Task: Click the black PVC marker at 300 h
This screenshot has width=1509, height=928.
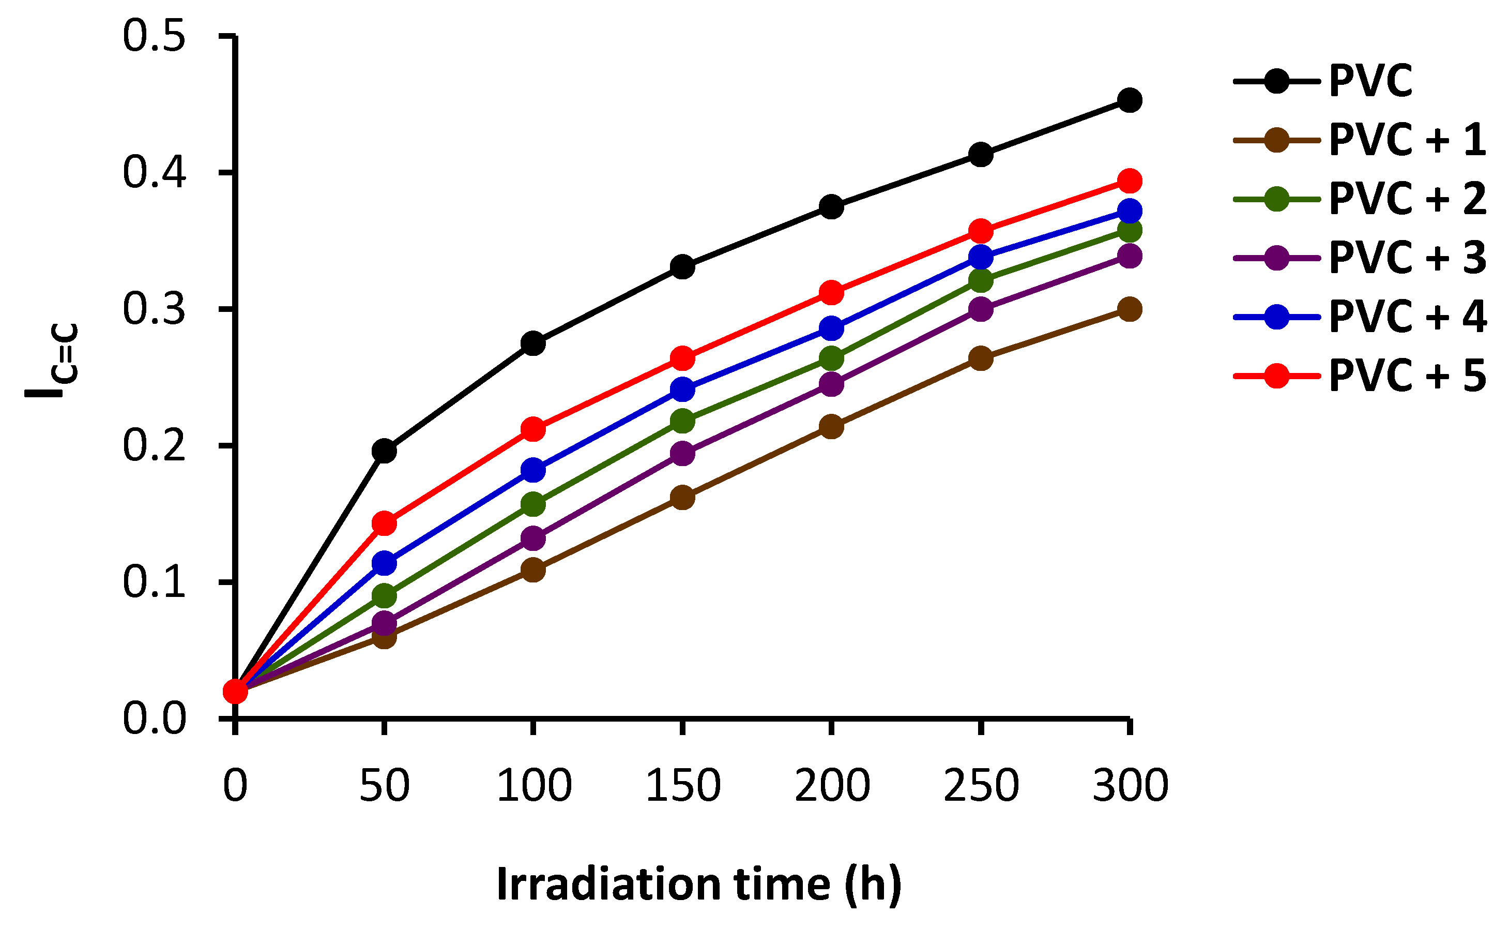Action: [x=1130, y=100]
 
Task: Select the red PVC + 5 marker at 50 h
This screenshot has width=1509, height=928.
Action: [x=384, y=523]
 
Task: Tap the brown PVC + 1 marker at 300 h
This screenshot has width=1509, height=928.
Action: [x=1130, y=309]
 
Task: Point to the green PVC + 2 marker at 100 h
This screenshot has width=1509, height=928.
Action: [x=533, y=504]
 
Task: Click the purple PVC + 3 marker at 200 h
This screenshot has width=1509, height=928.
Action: [x=831, y=384]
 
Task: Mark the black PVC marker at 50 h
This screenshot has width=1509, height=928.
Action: [x=384, y=451]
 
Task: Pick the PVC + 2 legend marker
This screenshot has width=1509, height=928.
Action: [x=1276, y=199]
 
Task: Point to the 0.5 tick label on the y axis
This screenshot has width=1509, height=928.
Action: [x=154, y=36]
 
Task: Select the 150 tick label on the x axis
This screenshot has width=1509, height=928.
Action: [x=683, y=786]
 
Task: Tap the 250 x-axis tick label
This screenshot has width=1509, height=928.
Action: [x=981, y=786]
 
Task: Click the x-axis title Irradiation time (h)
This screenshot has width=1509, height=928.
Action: [x=699, y=885]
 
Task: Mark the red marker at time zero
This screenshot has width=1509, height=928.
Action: [x=235, y=692]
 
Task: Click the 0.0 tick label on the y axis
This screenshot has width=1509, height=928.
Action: [x=154, y=718]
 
